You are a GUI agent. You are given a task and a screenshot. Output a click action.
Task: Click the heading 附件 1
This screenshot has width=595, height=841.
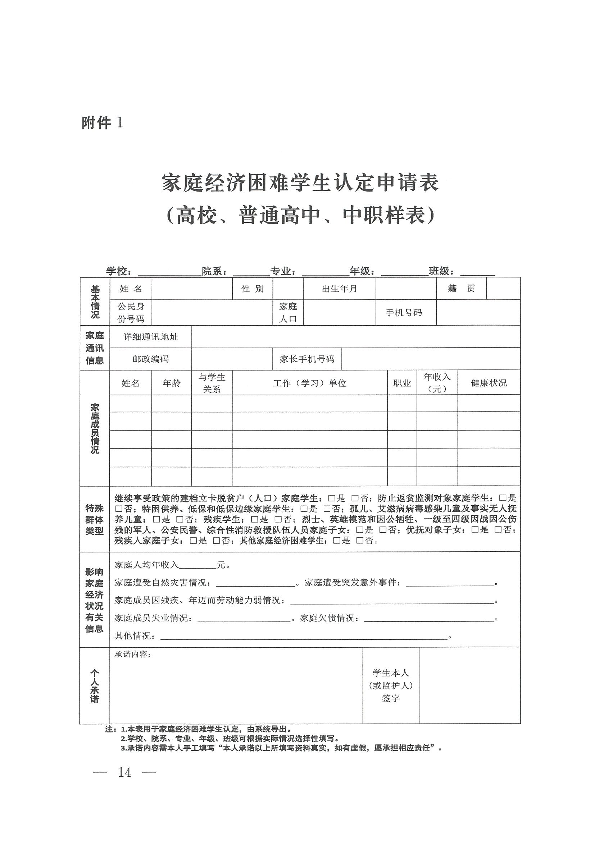coord(102,123)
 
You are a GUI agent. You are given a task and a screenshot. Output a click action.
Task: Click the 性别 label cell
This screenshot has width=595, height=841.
coord(252,289)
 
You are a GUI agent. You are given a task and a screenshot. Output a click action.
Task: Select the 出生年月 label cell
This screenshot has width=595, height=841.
coord(339,289)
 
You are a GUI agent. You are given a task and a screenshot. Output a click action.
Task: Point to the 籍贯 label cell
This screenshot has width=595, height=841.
coord(461,289)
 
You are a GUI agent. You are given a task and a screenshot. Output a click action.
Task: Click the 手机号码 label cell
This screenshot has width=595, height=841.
coord(404,312)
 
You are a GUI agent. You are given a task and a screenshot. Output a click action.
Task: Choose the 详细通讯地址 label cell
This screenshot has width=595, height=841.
coord(151,337)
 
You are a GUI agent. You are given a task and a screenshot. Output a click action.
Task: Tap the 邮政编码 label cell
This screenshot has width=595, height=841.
coord(151,359)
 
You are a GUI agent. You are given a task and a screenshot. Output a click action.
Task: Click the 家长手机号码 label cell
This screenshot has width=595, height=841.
coord(307,359)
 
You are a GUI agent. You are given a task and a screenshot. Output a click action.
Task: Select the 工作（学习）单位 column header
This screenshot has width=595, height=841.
coord(309,383)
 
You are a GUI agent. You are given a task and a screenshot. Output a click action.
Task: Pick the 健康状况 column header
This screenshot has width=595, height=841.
coord(488,383)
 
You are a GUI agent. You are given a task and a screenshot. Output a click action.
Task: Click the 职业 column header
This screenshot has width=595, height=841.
coord(402,383)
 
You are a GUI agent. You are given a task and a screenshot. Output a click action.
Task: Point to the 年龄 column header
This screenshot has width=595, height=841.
coord(171,383)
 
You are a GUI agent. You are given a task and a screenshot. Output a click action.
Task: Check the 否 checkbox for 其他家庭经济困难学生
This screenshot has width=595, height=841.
coord(360,541)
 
